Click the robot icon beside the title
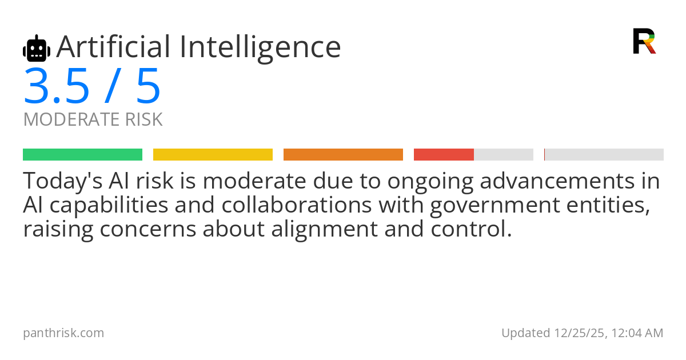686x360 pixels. [x=37, y=49]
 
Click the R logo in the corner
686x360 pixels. [x=644, y=41]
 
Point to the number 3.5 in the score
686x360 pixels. [x=57, y=87]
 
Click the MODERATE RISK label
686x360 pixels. [x=93, y=120]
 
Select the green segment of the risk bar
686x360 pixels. [x=82, y=154]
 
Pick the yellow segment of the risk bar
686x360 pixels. [x=213, y=154]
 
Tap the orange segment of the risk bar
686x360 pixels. [x=343, y=154]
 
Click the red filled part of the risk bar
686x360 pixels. [x=444, y=154]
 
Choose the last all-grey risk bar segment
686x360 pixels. [x=604, y=154]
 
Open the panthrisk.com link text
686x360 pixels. [x=63, y=333]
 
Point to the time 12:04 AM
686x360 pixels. [x=636, y=333]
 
